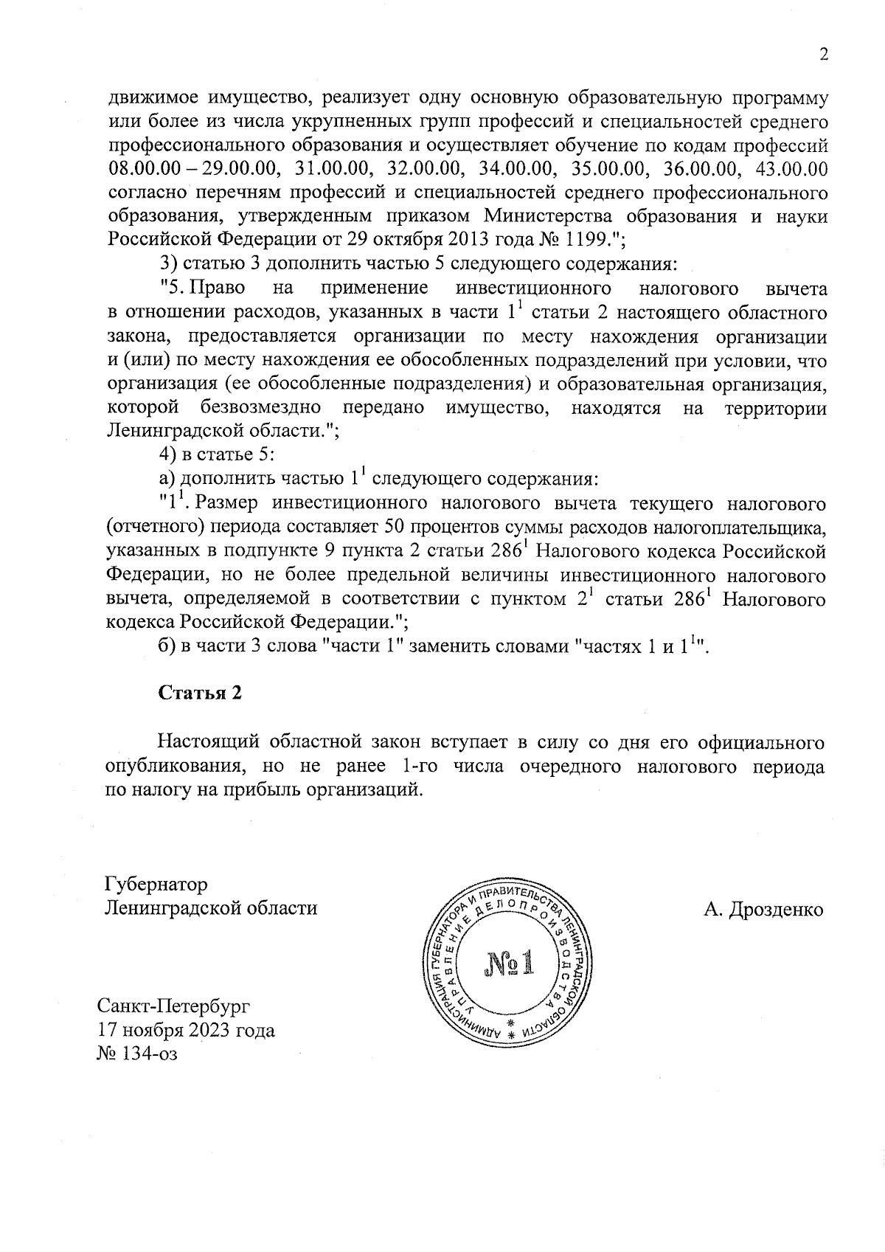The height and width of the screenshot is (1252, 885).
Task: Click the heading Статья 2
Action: point(201,694)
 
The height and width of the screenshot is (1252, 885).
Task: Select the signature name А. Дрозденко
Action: point(763,909)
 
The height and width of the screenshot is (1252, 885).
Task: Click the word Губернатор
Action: point(156,884)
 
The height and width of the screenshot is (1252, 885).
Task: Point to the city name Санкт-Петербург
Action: point(174,1006)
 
